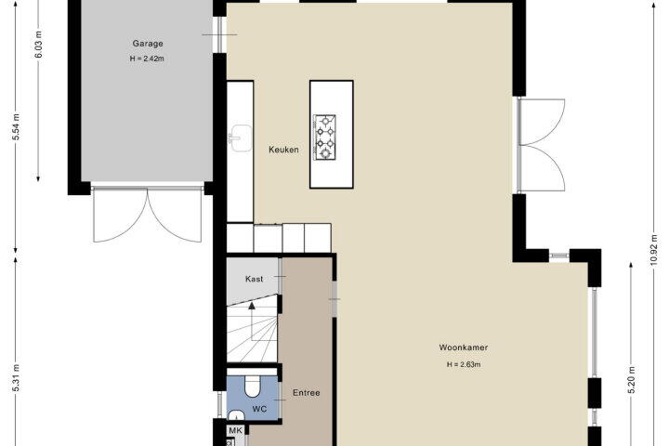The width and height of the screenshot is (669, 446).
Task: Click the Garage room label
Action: (148, 44)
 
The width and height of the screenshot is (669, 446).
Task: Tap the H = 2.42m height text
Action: (147, 59)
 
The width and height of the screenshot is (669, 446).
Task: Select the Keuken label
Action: (283, 150)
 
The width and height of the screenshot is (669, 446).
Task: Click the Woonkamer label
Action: (464, 348)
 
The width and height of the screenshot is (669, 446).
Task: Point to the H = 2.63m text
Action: (464, 364)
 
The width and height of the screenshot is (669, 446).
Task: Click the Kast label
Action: (255, 279)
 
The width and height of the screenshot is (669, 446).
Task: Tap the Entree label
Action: (307, 393)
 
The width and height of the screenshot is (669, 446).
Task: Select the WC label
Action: (259, 409)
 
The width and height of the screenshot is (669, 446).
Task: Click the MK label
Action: (235, 430)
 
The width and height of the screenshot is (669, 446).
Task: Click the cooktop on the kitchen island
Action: (325, 138)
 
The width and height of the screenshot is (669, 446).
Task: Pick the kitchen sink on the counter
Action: (241, 138)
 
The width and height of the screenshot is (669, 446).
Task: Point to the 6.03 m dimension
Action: (38, 44)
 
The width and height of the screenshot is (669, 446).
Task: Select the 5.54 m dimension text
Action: (16, 127)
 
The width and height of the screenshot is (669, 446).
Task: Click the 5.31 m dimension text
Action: (16, 378)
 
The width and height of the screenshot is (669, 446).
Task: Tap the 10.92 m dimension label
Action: (653, 250)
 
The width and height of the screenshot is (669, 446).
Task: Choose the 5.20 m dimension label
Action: (632, 380)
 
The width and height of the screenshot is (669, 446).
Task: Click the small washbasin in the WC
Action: (236, 414)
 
